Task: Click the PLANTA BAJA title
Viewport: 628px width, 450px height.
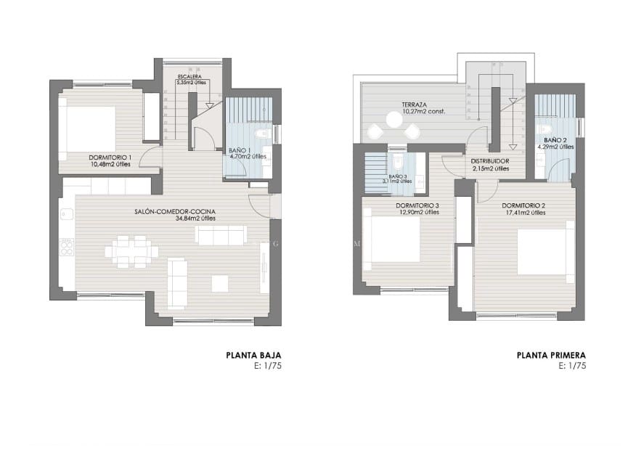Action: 253,356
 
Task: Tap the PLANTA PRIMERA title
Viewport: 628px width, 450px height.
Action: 551,356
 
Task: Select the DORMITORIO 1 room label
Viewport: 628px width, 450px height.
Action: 110,157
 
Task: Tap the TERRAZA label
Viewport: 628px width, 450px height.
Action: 415,105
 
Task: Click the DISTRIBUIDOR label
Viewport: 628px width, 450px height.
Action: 489,161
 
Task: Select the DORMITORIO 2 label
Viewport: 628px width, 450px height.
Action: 523,205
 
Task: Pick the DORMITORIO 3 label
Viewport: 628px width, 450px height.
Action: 417,205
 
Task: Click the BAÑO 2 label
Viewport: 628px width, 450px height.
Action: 555,139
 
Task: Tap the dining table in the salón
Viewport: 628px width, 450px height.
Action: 131,251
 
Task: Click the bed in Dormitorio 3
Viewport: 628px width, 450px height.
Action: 393,240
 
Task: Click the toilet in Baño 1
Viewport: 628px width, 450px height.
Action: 264,134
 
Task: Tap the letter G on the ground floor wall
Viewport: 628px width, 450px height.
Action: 274,245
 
